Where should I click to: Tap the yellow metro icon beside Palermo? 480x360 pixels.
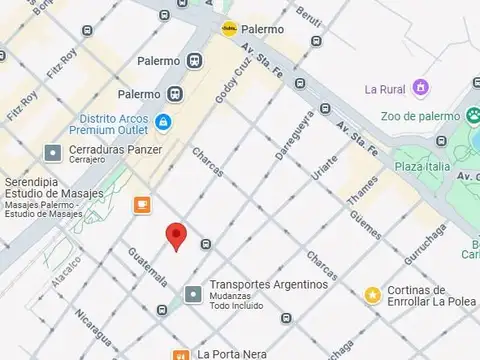point(229,29)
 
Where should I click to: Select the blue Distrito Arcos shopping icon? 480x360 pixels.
point(163,122)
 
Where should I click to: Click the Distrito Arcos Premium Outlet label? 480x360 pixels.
point(113,122)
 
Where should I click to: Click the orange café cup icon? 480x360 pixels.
point(143,204)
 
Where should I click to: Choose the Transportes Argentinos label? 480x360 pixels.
point(268,284)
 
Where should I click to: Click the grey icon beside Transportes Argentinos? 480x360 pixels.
point(193,294)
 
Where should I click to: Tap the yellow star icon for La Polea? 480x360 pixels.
point(372,294)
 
